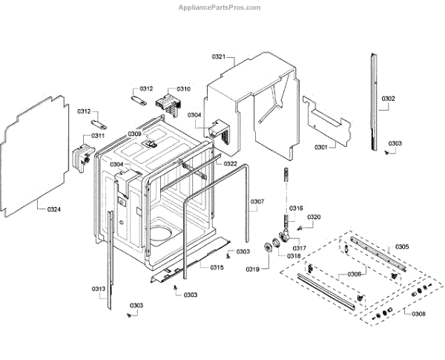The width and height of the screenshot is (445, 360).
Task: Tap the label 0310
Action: tap(182, 89)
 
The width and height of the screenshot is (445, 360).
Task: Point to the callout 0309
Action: tap(134, 134)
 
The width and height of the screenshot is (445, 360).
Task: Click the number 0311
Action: tap(98, 136)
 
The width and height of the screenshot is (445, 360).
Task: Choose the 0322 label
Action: tap(231, 164)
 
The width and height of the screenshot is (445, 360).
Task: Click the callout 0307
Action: tap(257, 201)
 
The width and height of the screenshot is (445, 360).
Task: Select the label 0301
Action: tap(320, 147)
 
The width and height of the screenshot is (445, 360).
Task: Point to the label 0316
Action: tap(296, 209)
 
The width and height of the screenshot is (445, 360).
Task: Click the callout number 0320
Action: tap(314, 217)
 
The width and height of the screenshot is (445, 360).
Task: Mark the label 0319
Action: tap(252, 269)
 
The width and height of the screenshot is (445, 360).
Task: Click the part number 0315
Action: tap(217, 267)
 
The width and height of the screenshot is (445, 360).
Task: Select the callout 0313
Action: tap(98, 289)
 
